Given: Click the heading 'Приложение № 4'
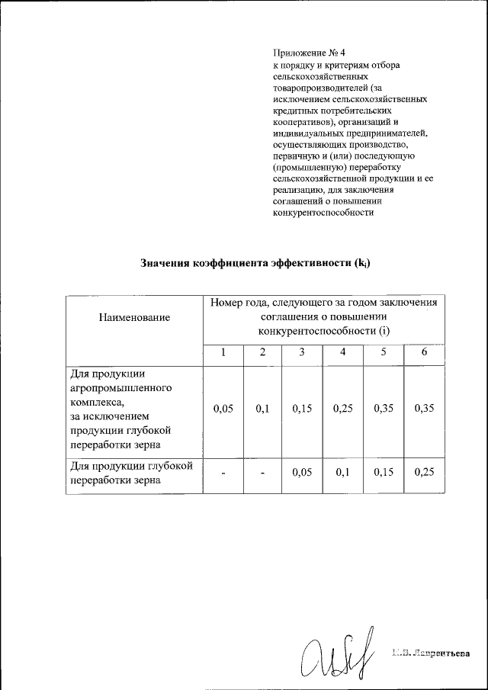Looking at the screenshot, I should click(309, 53).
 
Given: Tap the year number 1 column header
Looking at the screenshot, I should click(223, 352).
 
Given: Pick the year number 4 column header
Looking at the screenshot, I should click(342, 352).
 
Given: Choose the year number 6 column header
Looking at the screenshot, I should click(424, 352).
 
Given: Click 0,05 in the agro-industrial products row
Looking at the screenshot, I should click(223, 409).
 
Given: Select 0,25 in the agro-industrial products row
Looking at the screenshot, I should click(342, 409).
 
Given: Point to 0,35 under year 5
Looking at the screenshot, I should click(384, 409).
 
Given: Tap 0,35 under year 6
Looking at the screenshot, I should click(424, 409).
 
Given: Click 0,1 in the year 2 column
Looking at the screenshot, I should click(262, 409).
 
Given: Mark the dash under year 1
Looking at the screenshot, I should click(223, 473).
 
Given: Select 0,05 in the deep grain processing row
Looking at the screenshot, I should click(302, 473).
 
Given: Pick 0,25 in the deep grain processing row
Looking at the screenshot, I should click(424, 473).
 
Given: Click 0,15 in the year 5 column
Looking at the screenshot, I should click(384, 473).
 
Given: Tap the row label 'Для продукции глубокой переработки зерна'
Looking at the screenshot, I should click(131, 473).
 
